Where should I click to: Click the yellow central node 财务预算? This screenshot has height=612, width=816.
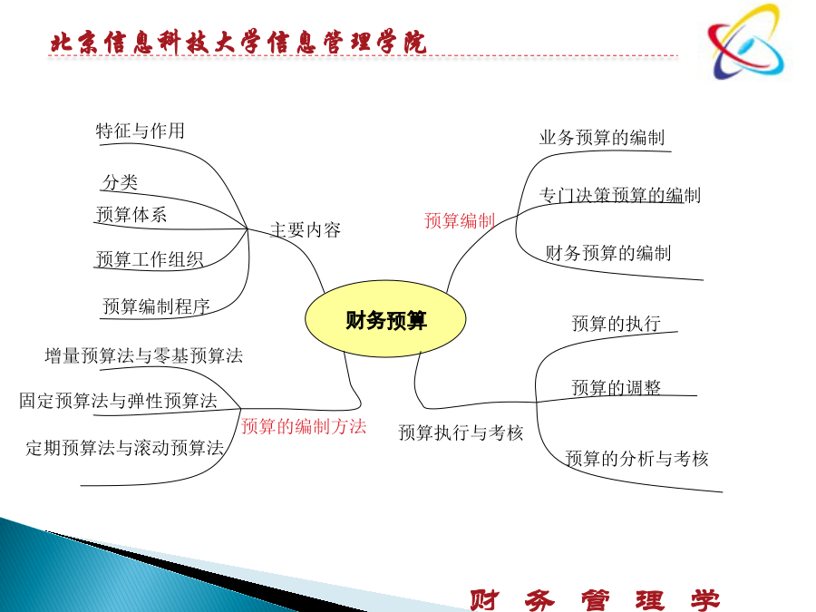(x=385, y=318)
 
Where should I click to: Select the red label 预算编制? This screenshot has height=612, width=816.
(x=460, y=220)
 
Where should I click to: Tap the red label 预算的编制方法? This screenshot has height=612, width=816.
(x=304, y=427)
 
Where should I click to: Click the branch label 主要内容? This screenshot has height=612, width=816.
(x=306, y=229)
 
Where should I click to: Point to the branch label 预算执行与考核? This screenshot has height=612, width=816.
(x=461, y=432)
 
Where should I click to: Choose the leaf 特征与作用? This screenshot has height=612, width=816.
(x=140, y=131)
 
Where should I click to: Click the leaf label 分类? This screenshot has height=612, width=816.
(x=121, y=182)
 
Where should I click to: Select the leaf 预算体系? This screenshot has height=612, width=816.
(x=131, y=214)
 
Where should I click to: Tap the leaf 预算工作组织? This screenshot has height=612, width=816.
(x=150, y=259)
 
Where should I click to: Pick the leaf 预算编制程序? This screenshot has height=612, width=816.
(x=156, y=306)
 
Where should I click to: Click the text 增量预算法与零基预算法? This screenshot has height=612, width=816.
(x=143, y=356)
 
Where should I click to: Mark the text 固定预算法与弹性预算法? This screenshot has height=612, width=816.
(x=118, y=401)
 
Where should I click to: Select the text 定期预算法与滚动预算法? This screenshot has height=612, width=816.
(x=125, y=448)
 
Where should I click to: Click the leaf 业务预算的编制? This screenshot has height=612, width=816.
(x=602, y=138)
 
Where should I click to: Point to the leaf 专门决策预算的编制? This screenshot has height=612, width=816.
(x=620, y=195)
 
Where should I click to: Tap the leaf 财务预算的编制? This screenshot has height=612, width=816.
(x=608, y=253)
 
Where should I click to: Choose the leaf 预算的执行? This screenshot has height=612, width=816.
(x=617, y=324)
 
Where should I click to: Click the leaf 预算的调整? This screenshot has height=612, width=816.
(x=617, y=388)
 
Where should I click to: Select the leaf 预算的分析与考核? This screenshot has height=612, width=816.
(x=637, y=459)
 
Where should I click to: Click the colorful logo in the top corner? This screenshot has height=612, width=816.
(x=746, y=42)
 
